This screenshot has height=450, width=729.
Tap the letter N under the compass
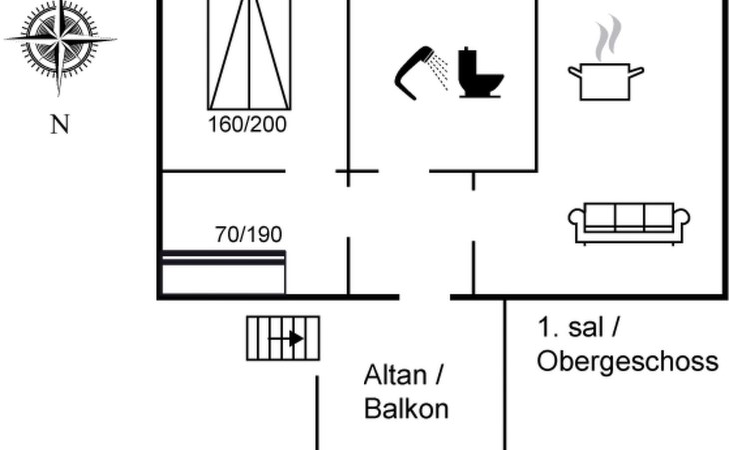(60, 125)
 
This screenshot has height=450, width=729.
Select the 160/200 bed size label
(247, 125)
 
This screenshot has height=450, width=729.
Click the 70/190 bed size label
(249, 235)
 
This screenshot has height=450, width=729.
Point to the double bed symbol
(249, 55)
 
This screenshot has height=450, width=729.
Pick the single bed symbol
(223, 272)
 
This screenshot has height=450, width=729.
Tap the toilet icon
(480, 73)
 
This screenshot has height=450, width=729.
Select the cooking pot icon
(606, 81)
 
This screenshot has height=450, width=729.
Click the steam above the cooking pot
(608, 38)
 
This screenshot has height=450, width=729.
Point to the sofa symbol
(629, 223)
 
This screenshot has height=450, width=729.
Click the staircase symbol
(283, 338)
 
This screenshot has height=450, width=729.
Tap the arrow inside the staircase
(287, 339)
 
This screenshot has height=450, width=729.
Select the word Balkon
(406, 409)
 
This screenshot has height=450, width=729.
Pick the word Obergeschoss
(628, 362)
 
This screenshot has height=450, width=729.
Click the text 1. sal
(571, 327)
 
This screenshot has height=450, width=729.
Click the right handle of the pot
(636, 72)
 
